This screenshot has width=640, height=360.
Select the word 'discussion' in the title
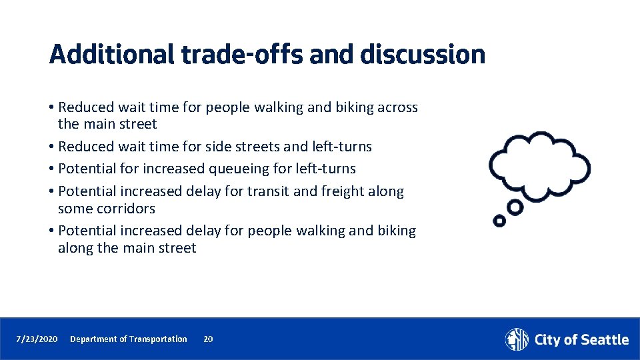tap(423, 54)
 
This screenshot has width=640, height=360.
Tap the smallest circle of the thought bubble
tap(498, 220)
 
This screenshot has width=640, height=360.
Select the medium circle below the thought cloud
tap(515, 207)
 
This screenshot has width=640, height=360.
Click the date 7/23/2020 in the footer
tap(37, 339)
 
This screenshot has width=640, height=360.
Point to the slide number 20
tap(208, 339)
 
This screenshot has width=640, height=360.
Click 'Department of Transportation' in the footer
tap(129, 339)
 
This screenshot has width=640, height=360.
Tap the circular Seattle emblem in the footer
tap(517, 339)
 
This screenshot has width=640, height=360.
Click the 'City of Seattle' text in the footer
tap(581, 340)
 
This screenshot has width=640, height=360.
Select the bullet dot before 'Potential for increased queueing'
tap(52, 169)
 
